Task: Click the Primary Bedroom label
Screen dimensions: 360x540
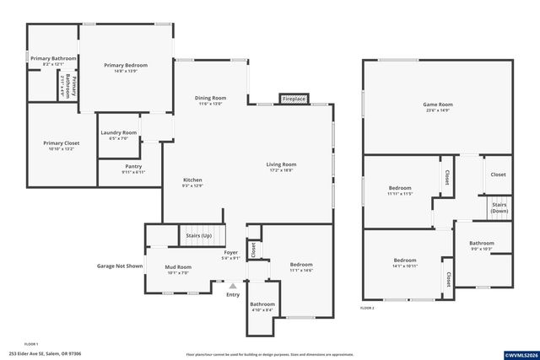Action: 126,65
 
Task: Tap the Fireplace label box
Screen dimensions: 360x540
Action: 294,99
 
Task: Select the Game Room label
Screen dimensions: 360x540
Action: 438,105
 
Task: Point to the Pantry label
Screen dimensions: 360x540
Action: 133,166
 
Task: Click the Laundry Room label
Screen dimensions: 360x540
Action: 118,132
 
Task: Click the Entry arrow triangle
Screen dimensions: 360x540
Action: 233,286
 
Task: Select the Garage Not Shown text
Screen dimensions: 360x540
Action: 120,265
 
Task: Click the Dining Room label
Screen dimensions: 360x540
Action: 212,98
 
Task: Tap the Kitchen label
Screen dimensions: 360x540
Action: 193,180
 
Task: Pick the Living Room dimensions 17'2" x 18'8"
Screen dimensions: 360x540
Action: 281,170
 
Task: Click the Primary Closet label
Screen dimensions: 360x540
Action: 61,143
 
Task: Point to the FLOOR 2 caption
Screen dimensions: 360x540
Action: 367,309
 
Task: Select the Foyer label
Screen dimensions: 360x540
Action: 229,252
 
